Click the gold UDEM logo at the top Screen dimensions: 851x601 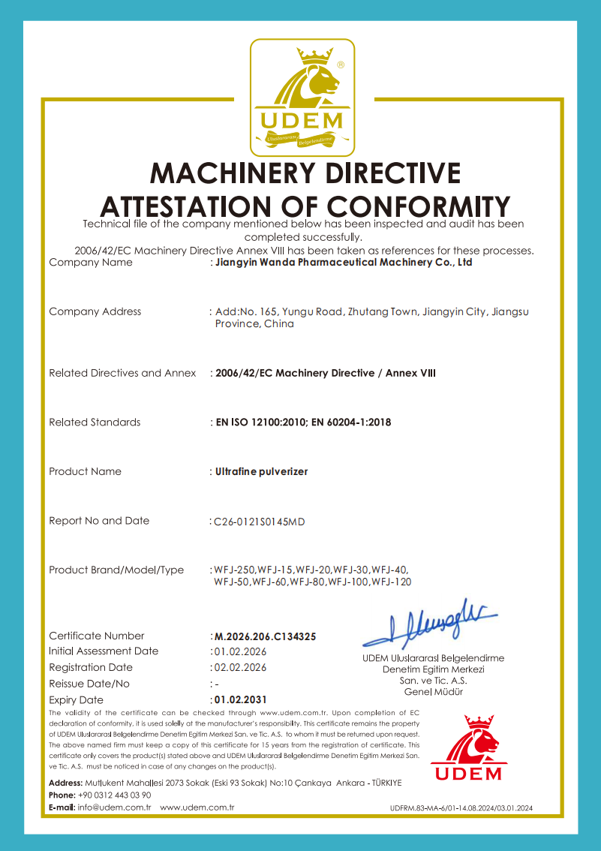pyautogui.click(x=302, y=95)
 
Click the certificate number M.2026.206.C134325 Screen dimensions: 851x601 pyautogui.click(x=266, y=636)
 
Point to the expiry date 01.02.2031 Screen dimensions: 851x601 pyautogui.click(x=241, y=699)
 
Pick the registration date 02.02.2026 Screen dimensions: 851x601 pyautogui.click(x=240, y=667)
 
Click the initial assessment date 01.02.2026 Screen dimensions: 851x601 pyautogui.click(x=240, y=651)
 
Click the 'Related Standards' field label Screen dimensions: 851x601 pyautogui.click(x=95, y=422)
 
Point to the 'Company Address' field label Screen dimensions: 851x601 pyautogui.click(x=95, y=311)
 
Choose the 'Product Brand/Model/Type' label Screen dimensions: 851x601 pyautogui.click(x=116, y=570)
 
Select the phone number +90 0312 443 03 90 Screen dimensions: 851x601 pyautogui.click(x=114, y=795)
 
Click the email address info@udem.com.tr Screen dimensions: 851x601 pyautogui.click(x=115, y=807)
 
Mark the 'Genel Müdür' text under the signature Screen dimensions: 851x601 pyautogui.click(x=433, y=692)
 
